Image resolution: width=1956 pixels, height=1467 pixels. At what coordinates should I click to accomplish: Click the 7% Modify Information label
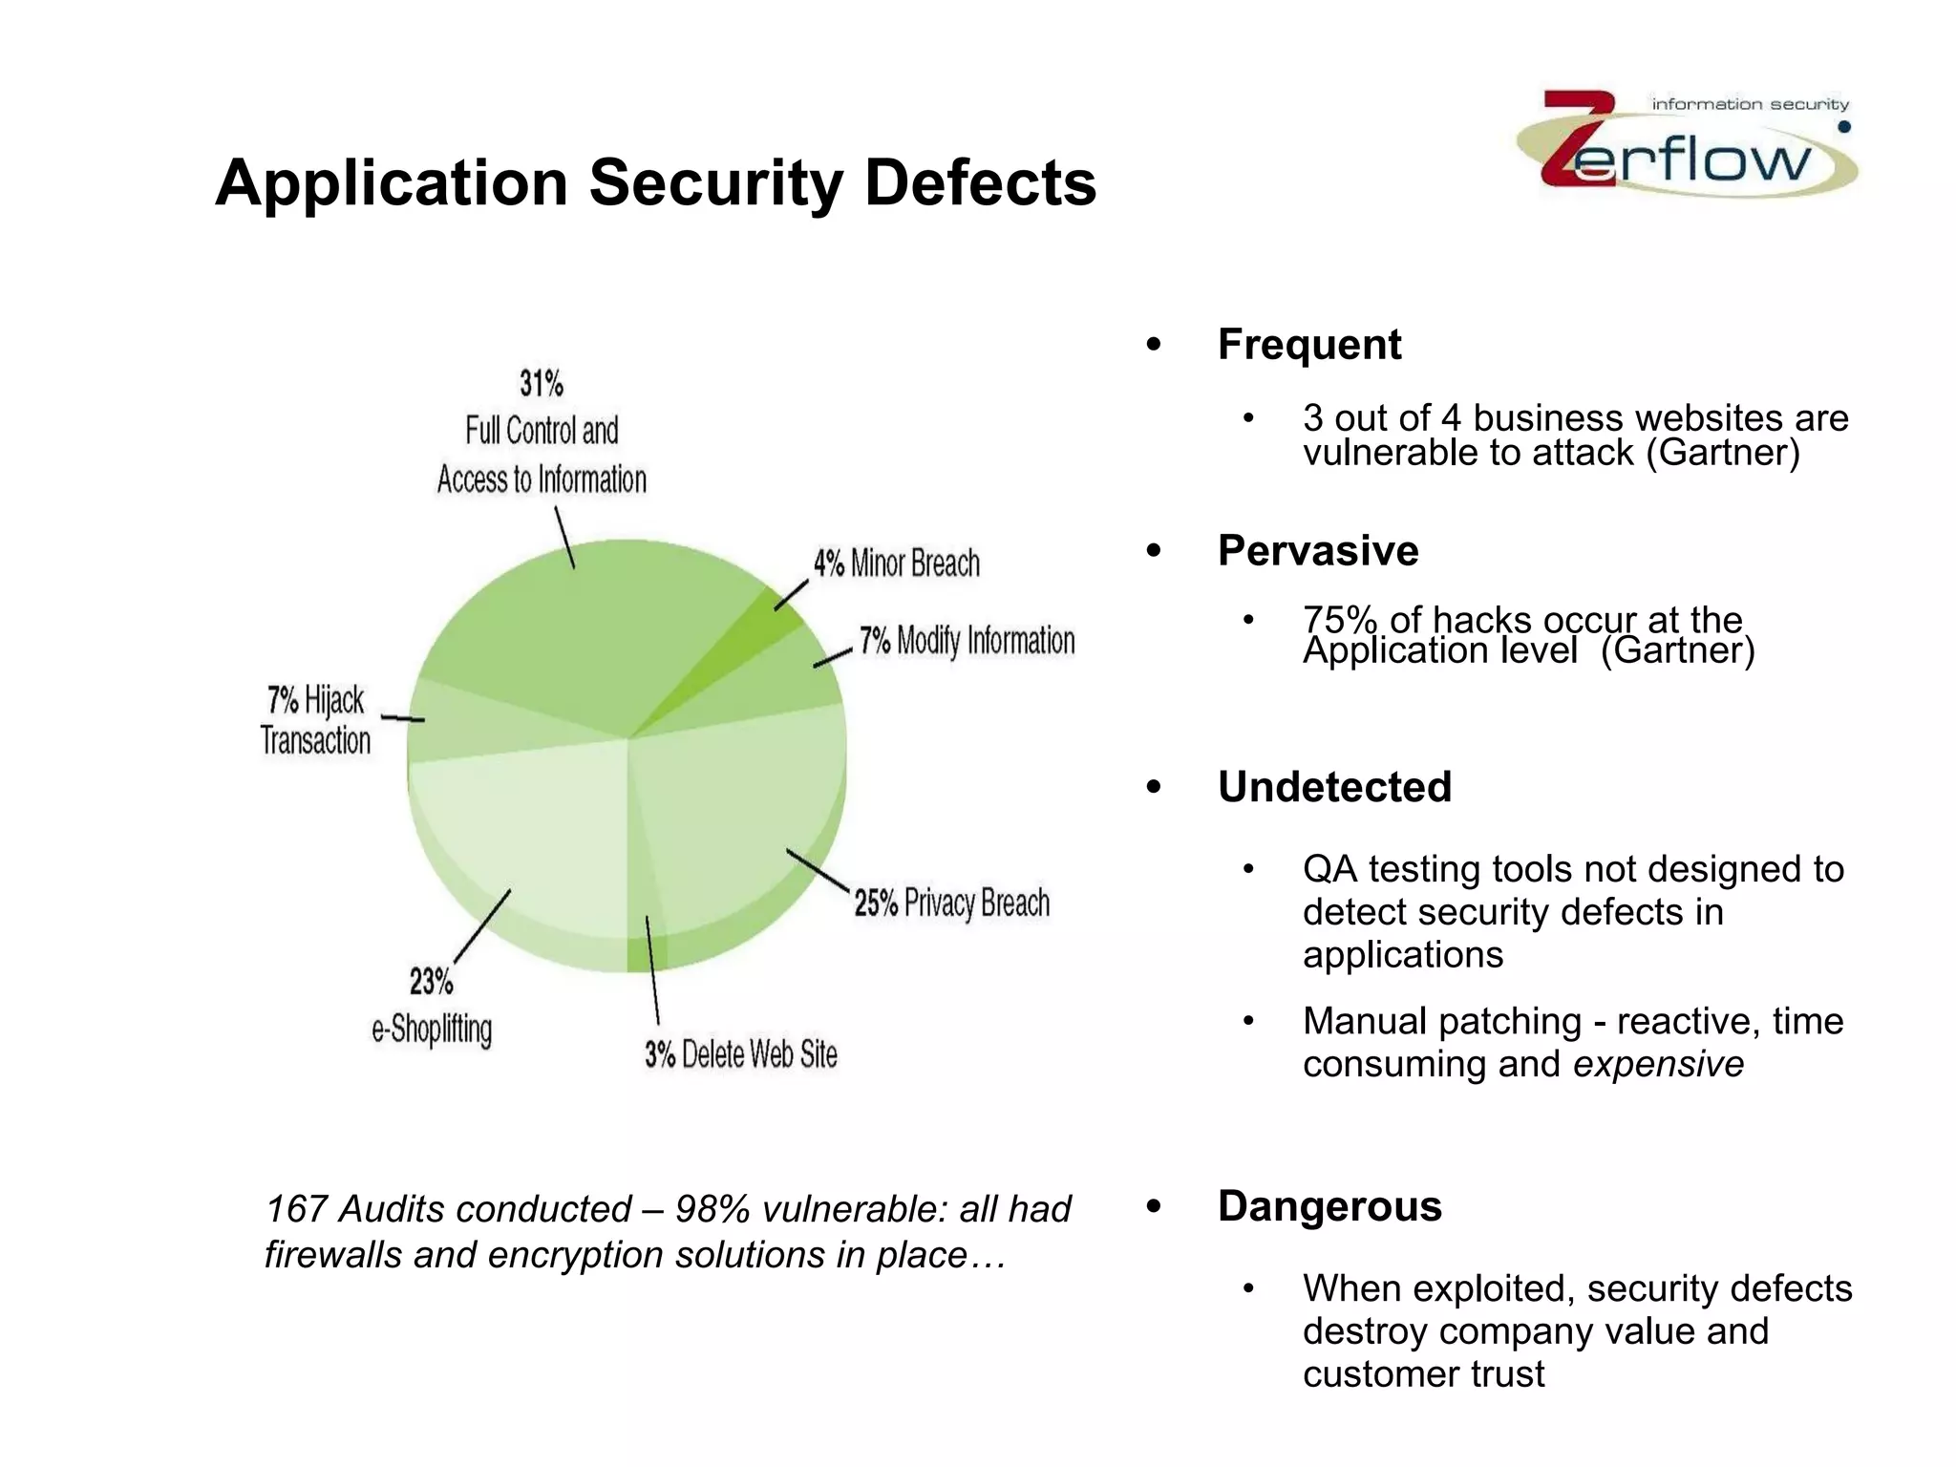pos(967,641)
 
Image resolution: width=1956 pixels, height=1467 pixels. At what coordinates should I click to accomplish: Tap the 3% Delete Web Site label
pos(740,1054)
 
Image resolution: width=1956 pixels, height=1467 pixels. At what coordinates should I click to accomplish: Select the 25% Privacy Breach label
pos(951,903)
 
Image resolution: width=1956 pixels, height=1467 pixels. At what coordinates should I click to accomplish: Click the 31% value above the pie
pos(542,384)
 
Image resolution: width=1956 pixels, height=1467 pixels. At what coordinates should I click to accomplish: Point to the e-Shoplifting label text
pos(432,1030)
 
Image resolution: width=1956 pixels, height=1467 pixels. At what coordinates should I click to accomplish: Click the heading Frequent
pos(1309,345)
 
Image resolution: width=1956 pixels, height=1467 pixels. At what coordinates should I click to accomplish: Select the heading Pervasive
pos(1318,551)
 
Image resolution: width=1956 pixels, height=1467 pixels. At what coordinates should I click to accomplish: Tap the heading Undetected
pos(1334,787)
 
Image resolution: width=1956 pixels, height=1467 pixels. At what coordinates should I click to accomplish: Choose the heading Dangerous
pos(1329,1206)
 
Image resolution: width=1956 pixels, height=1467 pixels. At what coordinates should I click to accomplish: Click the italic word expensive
pos(1658,1064)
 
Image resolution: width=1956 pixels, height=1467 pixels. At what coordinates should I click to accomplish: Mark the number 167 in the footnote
pos(297,1209)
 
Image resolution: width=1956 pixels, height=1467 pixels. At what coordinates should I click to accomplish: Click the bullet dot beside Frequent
pos(1154,345)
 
